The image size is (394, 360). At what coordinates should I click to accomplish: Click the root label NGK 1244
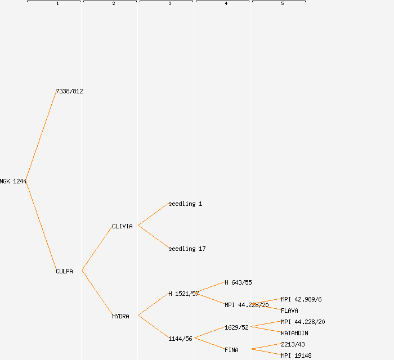(x=13, y=181)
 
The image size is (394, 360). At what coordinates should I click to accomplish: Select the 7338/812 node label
(x=69, y=91)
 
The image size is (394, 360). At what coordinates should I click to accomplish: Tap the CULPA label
(x=64, y=271)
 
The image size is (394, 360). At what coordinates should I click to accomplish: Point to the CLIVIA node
(x=122, y=226)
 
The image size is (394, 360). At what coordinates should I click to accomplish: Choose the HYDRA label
(x=120, y=316)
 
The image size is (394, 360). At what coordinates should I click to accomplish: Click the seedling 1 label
(x=185, y=204)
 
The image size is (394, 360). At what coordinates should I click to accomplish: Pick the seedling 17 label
(x=187, y=249)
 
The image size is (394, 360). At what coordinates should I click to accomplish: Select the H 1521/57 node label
(x=183, y=294)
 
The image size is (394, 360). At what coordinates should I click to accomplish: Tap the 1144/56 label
(x=180, y=339)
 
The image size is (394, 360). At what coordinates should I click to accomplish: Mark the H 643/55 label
(x=238, y=282)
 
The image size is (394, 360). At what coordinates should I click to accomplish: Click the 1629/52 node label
(x=236, y=327)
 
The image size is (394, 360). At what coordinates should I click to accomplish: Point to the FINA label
(x=231, y=350)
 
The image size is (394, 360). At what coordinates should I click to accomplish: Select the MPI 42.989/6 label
(x=301, y=299)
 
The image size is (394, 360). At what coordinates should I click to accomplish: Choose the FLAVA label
(x=289, y=310)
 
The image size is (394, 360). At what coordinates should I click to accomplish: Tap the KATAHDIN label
(x=294, y=333)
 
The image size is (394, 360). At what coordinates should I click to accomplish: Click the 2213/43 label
(x=293, y=344)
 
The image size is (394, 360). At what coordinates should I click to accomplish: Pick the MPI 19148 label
(x=296, y=355)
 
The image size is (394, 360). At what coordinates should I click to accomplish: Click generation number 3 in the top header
(x=169, y=4)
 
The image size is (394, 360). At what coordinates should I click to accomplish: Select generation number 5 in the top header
(x=282, y=4)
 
